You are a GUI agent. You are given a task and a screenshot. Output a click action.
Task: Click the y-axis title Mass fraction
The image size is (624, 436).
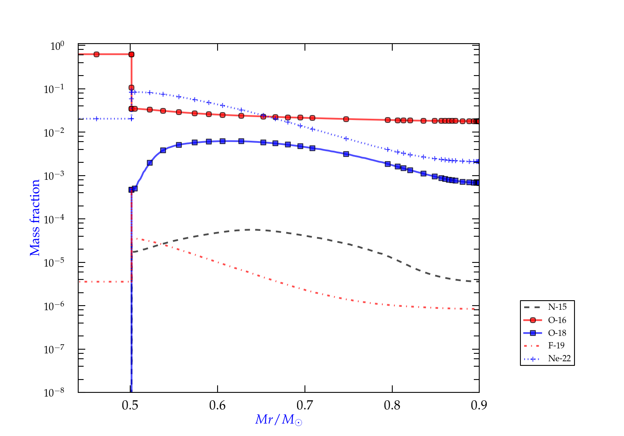click(35, 218)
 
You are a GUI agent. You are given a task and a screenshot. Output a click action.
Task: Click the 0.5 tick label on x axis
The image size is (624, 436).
click(130, 405)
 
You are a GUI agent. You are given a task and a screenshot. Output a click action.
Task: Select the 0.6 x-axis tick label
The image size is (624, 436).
click(218, 405)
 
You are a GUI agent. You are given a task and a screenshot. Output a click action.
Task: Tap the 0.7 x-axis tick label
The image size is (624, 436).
click(305, 405)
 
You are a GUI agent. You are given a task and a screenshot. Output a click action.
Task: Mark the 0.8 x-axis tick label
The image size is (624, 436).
click(392, 405)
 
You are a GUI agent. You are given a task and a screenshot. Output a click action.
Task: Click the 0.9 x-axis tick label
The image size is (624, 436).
click(479, 405)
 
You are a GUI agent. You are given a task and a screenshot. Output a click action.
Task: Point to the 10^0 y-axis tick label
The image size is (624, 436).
click(57, 46)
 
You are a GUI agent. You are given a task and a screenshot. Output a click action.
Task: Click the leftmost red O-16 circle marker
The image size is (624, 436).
click(97, 54)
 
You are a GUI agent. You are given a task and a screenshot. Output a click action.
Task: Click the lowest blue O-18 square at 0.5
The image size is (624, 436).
click(131, 190)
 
